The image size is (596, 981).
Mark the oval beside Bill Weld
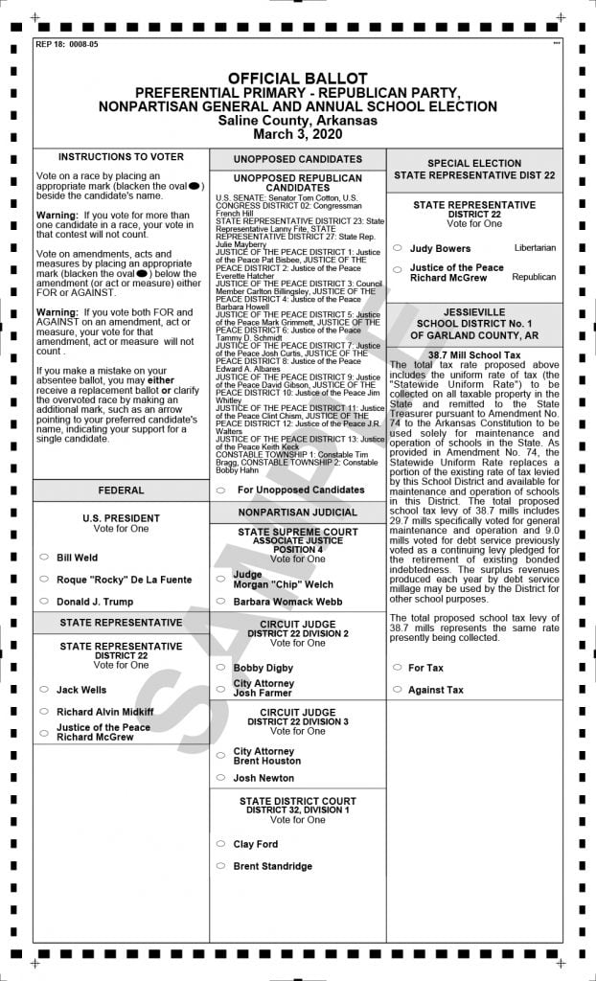[x=44, y=557]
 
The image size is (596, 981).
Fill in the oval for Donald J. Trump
[x=44, y=602]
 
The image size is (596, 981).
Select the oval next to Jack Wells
[x=44, y=690]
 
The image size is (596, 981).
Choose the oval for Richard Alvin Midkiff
[x=44, y=712]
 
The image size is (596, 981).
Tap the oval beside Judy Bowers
[x=397, y=248]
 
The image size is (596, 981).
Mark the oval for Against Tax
[x=397, y=690]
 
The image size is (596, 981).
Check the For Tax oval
[x=397, y=668]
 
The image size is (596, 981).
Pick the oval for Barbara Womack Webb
[x=221, y=602]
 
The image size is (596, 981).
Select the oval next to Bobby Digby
[x=221, y=668]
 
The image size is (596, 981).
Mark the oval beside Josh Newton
[x=221, y=778]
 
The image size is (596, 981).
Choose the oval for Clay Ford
[x=221, y=844]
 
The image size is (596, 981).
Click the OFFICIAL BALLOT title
[x=297, y=78]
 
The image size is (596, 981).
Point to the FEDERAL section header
[x=121, y=490]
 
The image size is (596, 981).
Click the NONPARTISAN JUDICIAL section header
[x=297, y=513]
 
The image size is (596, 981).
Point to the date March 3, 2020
[x=297, y=134]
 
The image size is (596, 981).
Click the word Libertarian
[x=535, y=248]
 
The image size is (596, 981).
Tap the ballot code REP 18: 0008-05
[x=66, y=44]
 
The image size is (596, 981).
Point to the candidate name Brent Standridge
[x=272, y=866]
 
